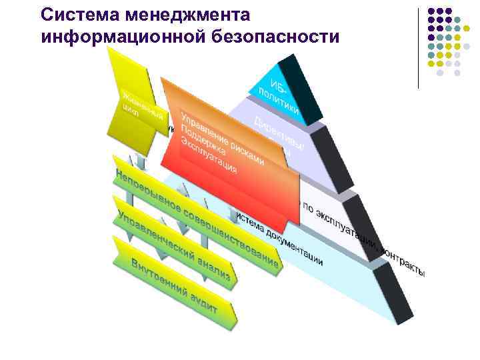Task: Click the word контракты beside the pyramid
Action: [403, 261]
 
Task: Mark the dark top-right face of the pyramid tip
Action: [296, 83]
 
